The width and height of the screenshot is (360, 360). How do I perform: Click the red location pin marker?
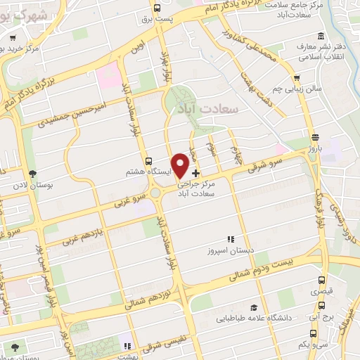point(181,165)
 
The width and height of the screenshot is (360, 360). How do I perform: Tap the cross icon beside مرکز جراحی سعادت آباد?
point(195,173)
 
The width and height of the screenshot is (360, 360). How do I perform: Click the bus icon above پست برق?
point(156,8)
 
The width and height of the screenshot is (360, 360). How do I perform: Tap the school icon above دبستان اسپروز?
point(230,239)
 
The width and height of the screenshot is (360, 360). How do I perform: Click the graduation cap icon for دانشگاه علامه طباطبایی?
point(252,308)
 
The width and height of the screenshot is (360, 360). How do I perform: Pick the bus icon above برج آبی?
point(322,306)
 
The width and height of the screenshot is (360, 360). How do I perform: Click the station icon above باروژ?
point(314,138)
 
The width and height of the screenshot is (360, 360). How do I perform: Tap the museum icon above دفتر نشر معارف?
point(321,37)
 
